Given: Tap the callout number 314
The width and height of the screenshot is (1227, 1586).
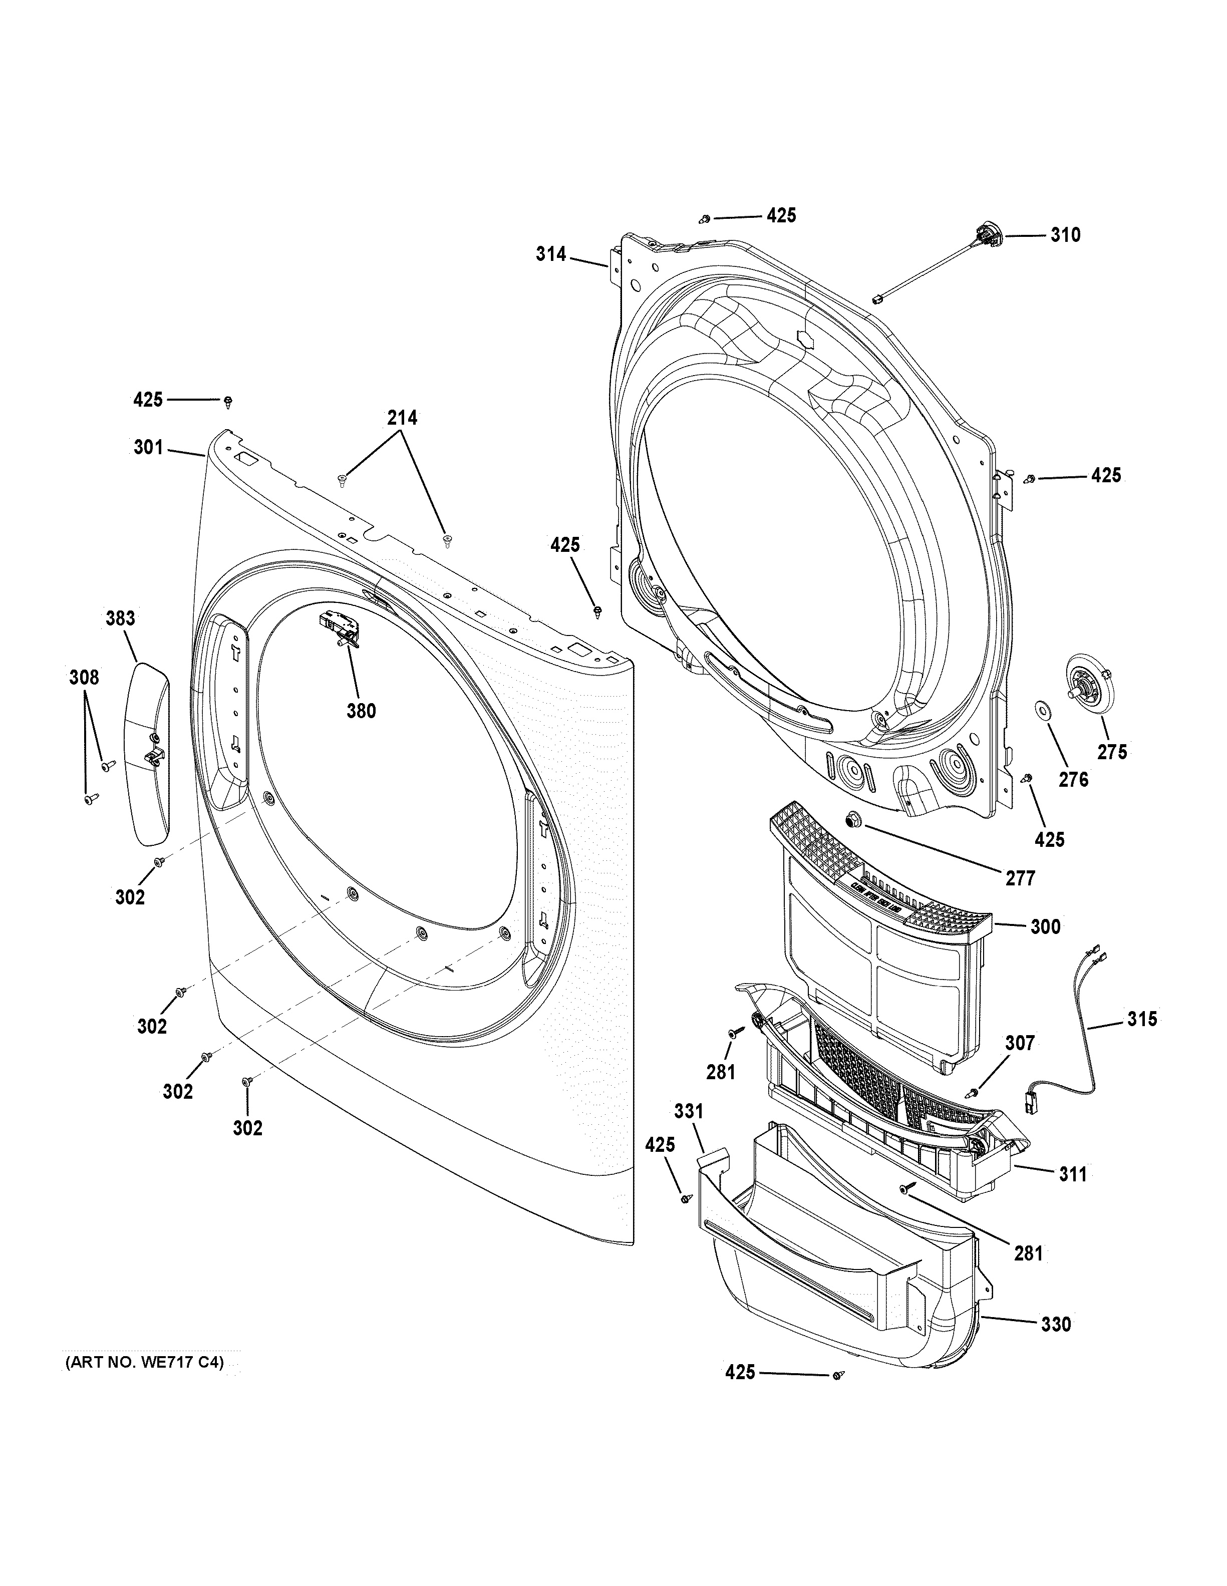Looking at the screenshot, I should click(551, 254).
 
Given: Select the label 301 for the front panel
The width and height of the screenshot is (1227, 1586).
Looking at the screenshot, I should click(148, 447).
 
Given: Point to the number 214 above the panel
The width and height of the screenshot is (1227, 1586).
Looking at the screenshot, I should click(402, 418).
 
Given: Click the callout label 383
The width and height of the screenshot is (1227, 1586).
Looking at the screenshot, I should click(121, 618).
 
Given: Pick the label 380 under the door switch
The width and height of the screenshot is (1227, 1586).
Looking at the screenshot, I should click(361, 711).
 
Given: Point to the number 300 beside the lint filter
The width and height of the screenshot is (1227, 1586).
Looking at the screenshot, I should click(1046, 926).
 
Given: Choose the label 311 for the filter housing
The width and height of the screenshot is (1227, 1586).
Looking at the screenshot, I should click(1072, 1174).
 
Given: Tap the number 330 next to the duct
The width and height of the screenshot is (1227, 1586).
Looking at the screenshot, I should click(1056, 1325).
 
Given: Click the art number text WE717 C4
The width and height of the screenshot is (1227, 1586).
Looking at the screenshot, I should click(143, 1363).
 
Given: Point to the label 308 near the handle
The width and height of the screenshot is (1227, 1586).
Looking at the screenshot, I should click(84, 678).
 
